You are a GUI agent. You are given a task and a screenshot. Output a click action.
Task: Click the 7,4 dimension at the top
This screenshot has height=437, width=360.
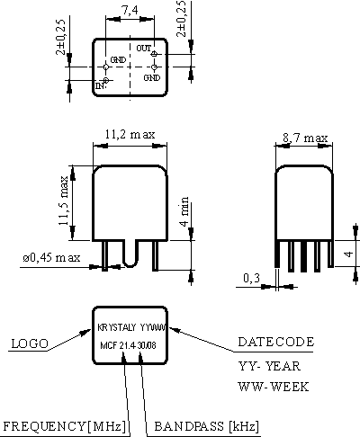click(x=130, y=11)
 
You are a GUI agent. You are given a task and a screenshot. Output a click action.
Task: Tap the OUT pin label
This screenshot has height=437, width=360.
click(x=144, y=48)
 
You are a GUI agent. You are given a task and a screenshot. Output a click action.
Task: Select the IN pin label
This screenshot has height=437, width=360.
click(x=101, y=85)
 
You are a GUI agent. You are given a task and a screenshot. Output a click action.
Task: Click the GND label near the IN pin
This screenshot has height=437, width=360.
click(x=118, y=60)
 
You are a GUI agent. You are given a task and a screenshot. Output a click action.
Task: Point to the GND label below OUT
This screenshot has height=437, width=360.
click(x=152, y=77)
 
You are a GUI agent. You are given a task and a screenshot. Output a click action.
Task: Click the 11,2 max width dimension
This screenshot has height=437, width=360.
click(x=130, y=134)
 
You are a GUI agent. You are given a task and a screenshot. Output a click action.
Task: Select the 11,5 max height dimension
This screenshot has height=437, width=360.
click(x=63, y=201)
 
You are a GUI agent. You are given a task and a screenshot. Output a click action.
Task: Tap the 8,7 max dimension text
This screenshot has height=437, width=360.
click(x=305, y=138)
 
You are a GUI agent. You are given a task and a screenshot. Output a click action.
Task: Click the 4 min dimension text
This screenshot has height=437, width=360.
click(x=184, y=211)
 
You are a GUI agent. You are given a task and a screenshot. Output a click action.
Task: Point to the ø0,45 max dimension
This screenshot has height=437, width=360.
click(x=51, y=257)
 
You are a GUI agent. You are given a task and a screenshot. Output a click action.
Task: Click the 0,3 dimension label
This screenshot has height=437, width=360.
click(x=251, y=278)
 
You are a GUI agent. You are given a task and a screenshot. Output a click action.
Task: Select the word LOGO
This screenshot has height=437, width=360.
click(x=30, y=343)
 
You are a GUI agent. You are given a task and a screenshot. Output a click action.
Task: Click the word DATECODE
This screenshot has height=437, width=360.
click(x=276, y=342)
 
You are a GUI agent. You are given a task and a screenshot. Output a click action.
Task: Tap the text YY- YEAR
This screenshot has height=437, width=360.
click(x=269, y=366)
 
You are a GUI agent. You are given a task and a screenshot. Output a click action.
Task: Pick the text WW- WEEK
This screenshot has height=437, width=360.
click(x=274, y=387)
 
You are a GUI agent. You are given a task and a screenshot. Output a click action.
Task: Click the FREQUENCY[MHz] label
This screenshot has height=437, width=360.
click(x=65, y=426)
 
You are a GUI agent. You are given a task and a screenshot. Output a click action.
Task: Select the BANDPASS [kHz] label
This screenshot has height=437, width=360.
click(x=206, y=426)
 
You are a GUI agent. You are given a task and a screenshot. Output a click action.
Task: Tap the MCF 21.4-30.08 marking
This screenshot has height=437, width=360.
click(x=128, y=345)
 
